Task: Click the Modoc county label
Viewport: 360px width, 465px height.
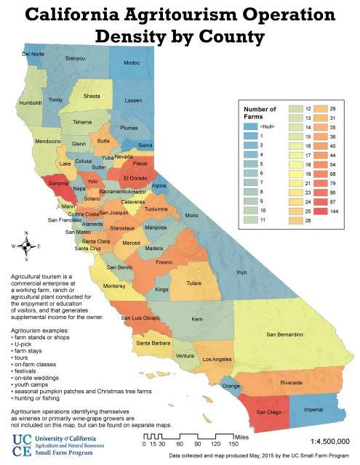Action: (x=132, y=63)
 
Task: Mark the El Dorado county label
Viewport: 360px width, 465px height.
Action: (x=136, y=178)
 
